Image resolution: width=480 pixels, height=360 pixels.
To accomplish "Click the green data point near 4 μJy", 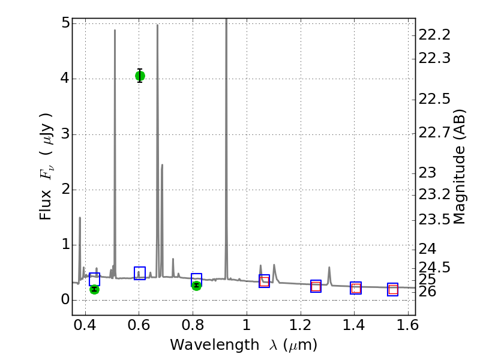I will click(x=140, y=76).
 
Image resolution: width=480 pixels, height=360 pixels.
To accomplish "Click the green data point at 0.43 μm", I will click(x=94, y=289).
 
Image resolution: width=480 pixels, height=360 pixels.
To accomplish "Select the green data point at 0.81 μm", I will click(x=196, y=285).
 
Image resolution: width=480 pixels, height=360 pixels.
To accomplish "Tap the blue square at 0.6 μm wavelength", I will click(x=140, y=273).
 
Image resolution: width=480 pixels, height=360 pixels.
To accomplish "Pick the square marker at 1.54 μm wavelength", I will click(x=392, y=289).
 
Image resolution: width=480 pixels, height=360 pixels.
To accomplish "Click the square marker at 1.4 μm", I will click(x=356, y=288).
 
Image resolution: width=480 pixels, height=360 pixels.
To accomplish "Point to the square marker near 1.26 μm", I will click(x=316, y=286).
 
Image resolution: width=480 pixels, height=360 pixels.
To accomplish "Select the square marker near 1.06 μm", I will click(x=264, y=281).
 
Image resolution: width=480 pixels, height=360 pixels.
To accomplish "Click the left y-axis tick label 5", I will click(x=63, y=23).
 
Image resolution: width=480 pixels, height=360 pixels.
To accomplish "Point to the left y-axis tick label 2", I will click(x=63, y=190).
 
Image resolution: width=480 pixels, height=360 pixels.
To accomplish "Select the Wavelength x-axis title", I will click(x=243, y=345).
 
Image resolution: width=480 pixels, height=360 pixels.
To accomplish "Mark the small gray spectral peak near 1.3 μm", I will click(x=329, y=268).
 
